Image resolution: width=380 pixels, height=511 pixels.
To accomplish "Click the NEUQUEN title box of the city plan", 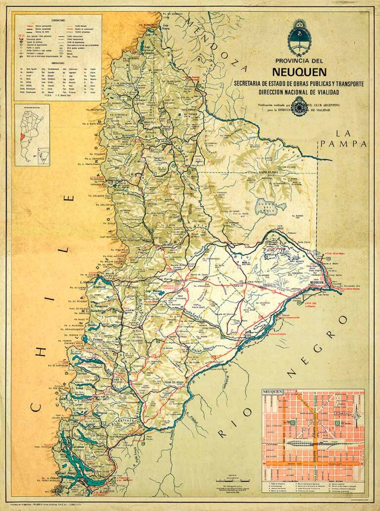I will tap(273, 393).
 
